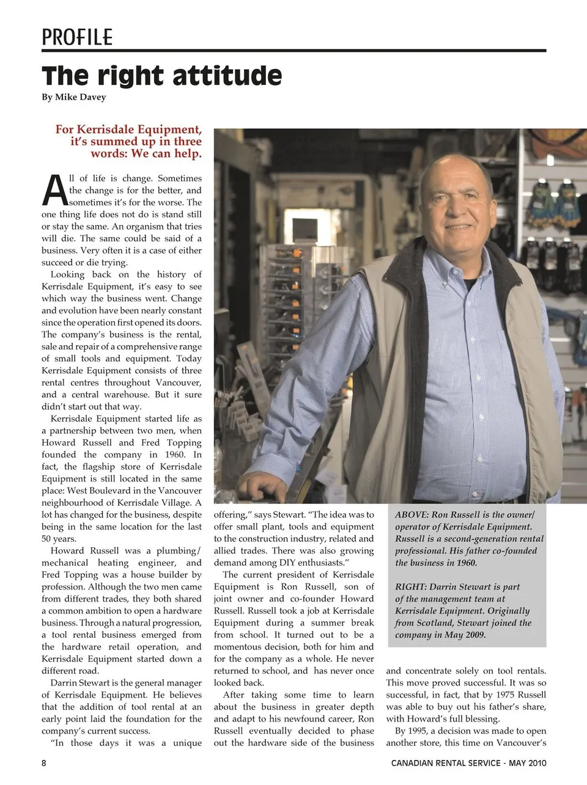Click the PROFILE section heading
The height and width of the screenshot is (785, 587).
click(x=77, y=37)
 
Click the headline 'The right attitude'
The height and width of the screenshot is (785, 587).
click(x=162, y=76)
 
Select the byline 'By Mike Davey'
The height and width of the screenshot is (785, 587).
click(x=74, y=97)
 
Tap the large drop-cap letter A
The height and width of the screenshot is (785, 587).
click(x=54, y=190)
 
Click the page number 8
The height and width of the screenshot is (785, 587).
click(x=44, y=763)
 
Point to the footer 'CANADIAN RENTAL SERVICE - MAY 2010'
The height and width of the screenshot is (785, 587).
click(x=468, y=763)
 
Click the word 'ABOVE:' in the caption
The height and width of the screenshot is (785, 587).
click(x=412, y=515)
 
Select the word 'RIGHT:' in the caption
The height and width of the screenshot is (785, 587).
click(x=411, y=587)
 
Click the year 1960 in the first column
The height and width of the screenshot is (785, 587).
click(x=175, y=455)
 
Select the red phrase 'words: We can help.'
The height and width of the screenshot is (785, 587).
click(x=146, y=154)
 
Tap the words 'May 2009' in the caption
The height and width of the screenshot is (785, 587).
click(x=465, y=635)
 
